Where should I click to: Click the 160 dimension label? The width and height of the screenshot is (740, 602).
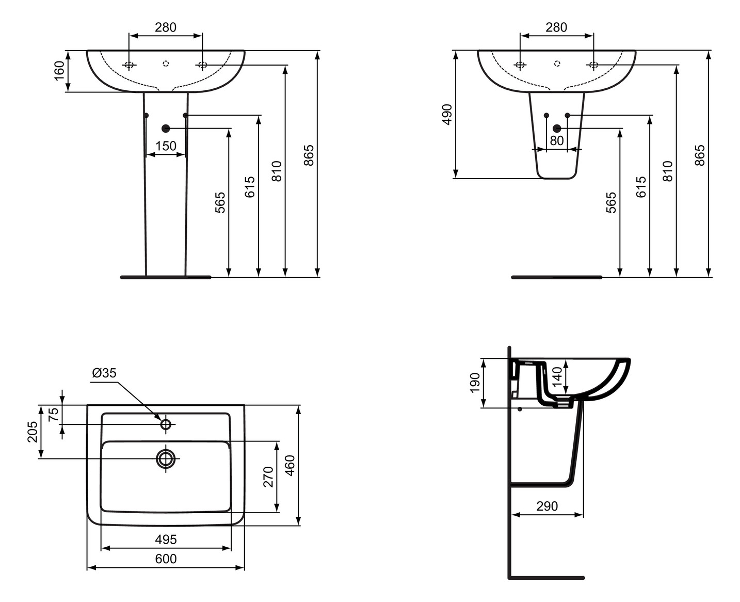click(x=59, y=71)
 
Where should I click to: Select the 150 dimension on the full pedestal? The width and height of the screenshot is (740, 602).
click(x=166, y=146)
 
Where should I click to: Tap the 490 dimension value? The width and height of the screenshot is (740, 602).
click(x=447, y=114)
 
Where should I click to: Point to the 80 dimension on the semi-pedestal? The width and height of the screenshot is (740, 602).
click(x=557, y=140)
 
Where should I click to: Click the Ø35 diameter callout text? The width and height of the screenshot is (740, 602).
click(x=104, y=373)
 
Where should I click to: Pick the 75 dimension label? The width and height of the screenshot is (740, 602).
click(x=54, y=414)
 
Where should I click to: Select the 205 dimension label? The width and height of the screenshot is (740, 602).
click(x=32, y=432)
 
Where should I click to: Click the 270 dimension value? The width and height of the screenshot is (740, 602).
click(x=268, y=477)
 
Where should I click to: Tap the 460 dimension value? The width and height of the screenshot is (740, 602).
click(x=290, y=465)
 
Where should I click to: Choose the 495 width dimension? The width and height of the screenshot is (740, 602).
click(x=166, y=540)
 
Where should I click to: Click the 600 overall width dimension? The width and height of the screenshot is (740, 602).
click(x=166, y=559)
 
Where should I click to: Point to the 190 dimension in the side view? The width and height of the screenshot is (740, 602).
click(x=475, y=383)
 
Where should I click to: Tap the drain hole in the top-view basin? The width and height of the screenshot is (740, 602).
click(x=166, y=458)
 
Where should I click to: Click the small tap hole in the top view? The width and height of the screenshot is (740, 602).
click(x=166, y=424)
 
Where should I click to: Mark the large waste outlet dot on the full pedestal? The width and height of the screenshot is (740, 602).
click(x=166, y=128)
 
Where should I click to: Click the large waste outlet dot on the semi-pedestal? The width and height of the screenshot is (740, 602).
click(x=557, y=128)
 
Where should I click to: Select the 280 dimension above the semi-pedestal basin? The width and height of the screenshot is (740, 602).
click(x=556, y=27)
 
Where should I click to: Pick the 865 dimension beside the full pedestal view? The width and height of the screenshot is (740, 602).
click(x=308, y=155)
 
